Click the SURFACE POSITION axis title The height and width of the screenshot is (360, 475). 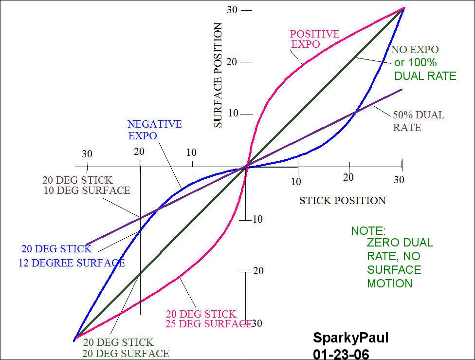click(218, 76)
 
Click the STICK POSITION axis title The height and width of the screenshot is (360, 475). click(342, 200)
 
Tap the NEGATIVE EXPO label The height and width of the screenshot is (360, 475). click(155, 130)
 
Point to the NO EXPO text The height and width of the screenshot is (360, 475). click(415, 50)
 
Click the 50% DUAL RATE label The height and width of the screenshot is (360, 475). click(418, 121)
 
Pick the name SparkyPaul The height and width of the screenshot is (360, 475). click(350, 338)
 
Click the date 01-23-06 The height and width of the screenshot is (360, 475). click(341, 353)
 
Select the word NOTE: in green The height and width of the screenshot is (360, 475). click(368, 231)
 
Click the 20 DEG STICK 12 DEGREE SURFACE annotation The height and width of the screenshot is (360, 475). click(72, 256)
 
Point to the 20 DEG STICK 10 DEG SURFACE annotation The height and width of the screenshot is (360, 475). click(86, 185)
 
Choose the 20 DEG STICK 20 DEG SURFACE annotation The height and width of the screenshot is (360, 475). click(126, 348)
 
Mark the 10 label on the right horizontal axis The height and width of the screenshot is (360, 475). click(296, 182)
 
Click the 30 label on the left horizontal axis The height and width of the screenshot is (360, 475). click(87, 154)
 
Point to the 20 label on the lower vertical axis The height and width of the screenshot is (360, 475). click(258, 271)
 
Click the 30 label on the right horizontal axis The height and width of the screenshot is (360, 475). click(399, 180)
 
